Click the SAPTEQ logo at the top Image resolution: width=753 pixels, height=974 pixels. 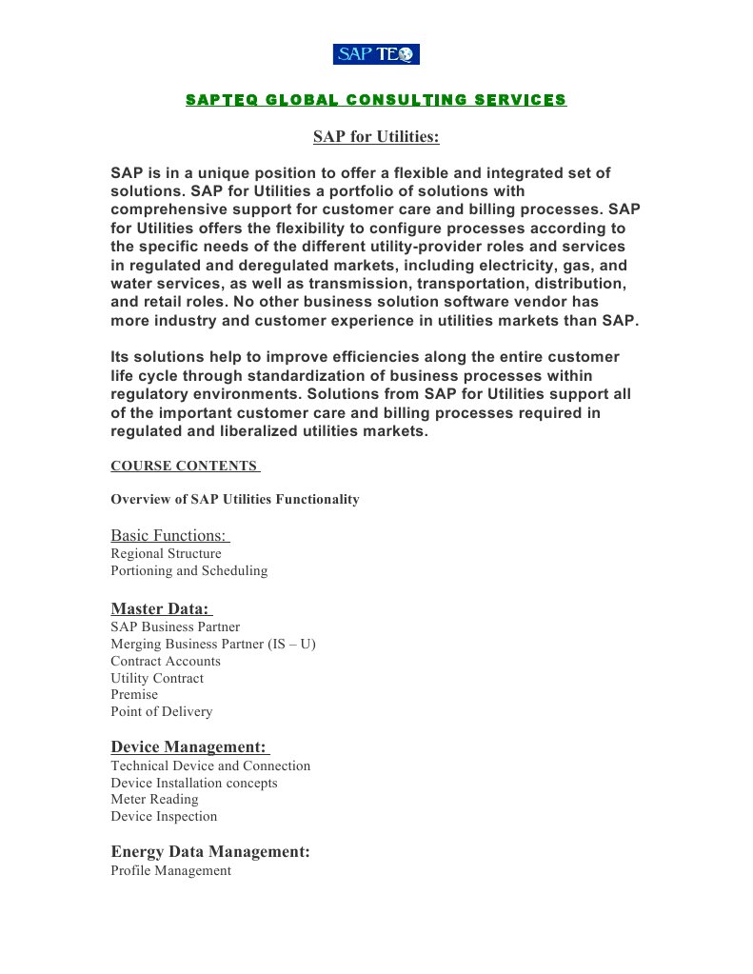376,54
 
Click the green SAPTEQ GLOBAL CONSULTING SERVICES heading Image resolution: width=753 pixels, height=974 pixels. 376,100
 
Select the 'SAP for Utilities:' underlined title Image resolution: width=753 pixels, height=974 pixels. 376,137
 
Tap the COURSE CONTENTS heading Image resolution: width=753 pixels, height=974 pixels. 184,466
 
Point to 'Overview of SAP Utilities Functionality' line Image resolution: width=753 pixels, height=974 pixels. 235,499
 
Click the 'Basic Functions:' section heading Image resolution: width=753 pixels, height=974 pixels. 168,535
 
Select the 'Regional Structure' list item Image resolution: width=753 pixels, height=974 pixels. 166,553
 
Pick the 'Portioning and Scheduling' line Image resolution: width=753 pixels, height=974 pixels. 189,570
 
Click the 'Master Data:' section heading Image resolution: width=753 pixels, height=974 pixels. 159,608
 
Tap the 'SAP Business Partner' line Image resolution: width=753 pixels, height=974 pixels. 175,626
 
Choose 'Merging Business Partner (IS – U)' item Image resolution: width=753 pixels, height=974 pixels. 213,644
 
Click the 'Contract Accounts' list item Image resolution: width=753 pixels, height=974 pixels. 166,661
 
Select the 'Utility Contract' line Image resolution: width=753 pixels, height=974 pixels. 157,678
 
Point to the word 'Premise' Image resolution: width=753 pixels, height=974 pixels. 134,694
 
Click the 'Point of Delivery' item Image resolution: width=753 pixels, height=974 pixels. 162,711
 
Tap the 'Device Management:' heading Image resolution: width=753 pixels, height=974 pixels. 188,746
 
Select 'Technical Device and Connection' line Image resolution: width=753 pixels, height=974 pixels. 210,765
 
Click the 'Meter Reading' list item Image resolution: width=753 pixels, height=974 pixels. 154,799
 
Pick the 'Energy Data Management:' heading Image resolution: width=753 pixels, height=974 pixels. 210,851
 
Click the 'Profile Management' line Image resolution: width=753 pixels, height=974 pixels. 170,870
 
